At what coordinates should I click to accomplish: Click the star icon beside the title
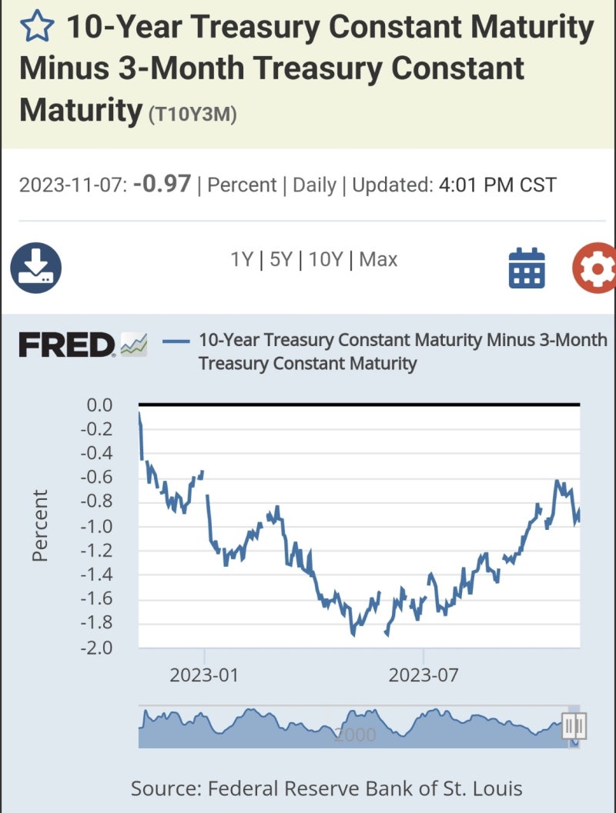pos(37,28)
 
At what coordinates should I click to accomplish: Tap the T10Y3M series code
pos(192,114)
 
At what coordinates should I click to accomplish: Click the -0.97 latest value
pos(162,185)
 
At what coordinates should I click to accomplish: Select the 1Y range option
pos(242,260)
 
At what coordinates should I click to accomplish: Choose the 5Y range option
pos(280,260)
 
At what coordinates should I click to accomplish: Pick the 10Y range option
pos(325,260)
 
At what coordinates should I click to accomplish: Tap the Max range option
pos(378,260)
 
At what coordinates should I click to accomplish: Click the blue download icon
pos(35,268)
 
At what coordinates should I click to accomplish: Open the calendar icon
pos(527,268)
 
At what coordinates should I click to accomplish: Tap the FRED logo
pos(67,345)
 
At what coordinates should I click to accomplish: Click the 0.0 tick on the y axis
pos(98,405)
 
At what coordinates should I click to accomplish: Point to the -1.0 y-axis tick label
pos(95,527)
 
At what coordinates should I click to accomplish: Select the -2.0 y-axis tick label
pos(95,648)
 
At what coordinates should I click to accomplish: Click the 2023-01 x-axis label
pos(204,676)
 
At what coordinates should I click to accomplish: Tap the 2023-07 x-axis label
pos(423,676)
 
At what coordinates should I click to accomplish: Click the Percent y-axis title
pos(41,525)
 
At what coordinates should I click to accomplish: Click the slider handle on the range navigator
pos(573,725)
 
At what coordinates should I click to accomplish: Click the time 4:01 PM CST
pos(497,186)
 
